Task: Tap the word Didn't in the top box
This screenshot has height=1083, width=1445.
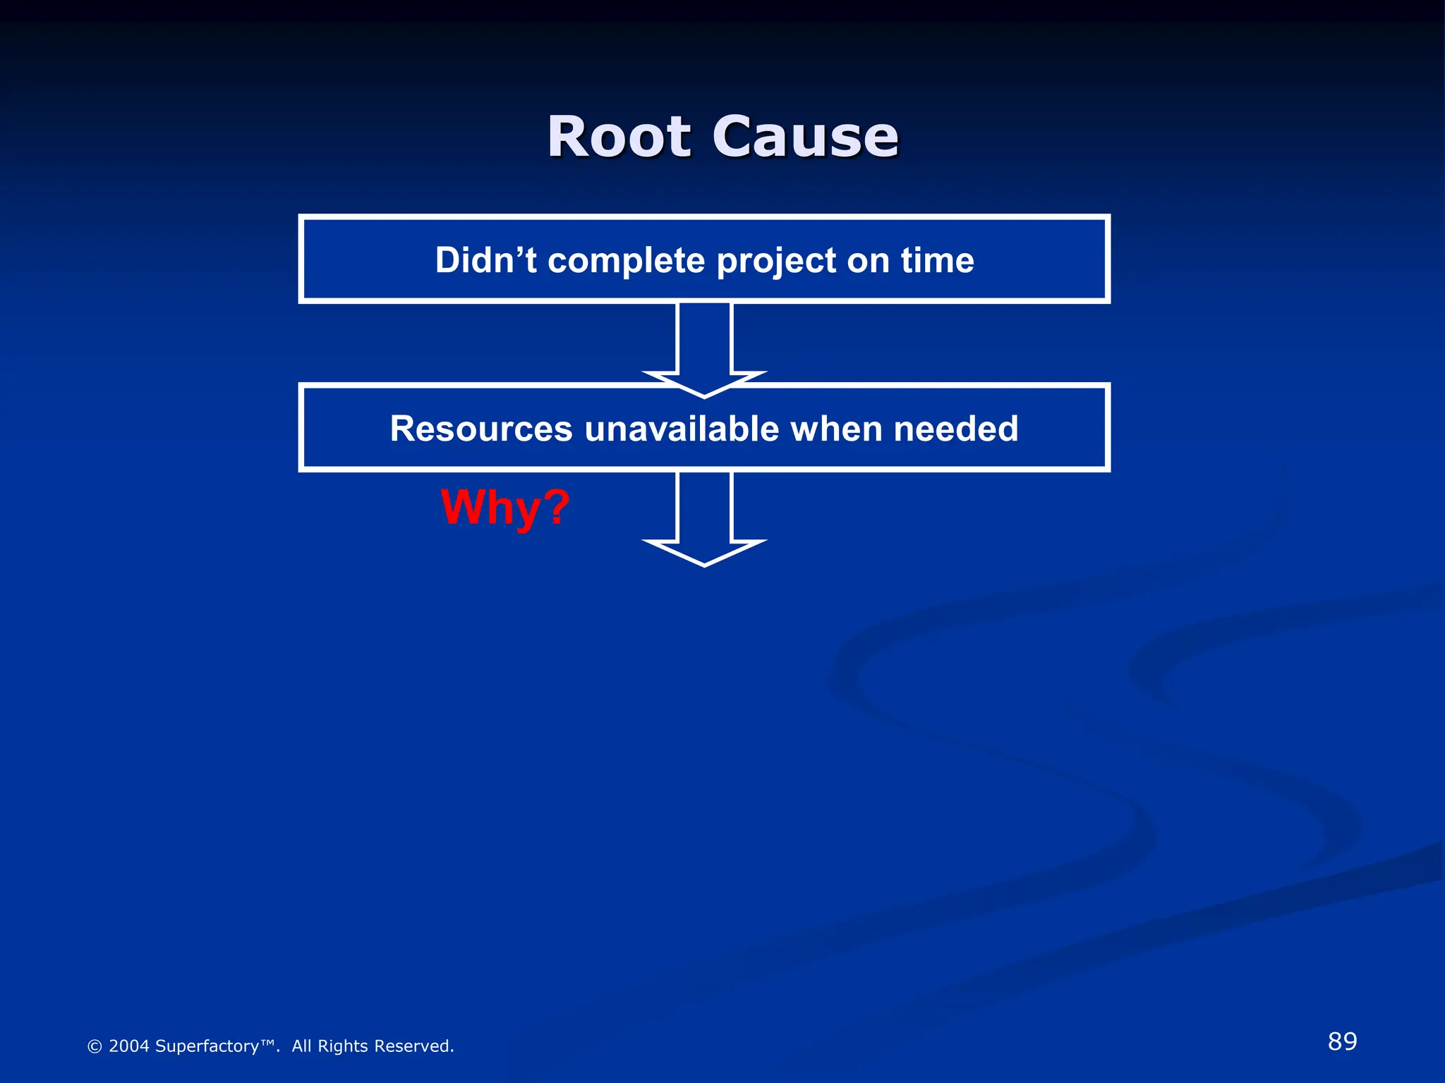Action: pos(485,260)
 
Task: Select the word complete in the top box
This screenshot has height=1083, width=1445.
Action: pos(626,260)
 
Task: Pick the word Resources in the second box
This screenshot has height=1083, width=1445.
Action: pos(481,429)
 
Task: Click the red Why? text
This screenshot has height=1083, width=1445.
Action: pos(504,508)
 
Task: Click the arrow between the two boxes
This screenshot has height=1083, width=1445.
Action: pos(704,345)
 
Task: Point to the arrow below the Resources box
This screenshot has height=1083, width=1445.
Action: pos(704,518)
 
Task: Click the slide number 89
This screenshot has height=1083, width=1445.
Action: pos(1342,1041)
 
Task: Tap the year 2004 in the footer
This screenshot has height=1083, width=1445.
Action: pos(129,1046)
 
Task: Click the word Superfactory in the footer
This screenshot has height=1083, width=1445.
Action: pos(207,1046)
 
